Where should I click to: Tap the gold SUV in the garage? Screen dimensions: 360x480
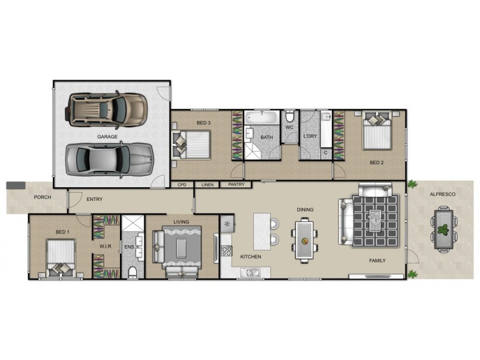107,109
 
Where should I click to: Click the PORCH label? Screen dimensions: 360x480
41,196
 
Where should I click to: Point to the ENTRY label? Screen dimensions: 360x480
94,199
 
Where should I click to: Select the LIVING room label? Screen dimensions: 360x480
181,222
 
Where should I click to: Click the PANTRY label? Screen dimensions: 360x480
236,185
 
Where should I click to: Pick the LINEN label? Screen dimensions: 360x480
208,185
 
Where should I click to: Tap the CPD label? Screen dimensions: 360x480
182,185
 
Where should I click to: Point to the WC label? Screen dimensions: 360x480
289,128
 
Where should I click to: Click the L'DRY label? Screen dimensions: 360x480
310,137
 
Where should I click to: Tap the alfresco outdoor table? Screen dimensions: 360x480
443,229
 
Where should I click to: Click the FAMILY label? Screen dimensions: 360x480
377,260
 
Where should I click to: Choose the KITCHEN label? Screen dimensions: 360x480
251,256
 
